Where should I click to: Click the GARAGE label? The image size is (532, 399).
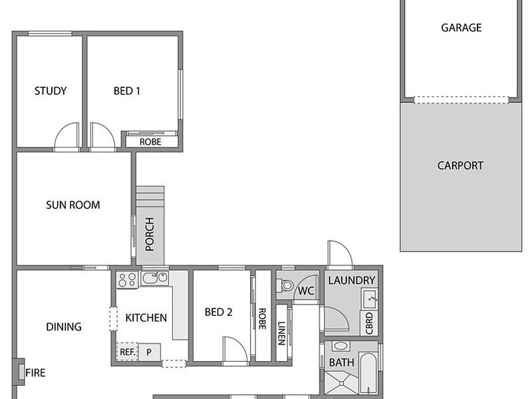(461, 27)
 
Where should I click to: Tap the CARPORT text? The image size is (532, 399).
(460, 166)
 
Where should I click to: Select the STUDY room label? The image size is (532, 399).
(51, 91)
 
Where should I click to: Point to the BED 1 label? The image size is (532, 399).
(126, 91)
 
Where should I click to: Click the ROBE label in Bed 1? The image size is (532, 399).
(150, 142)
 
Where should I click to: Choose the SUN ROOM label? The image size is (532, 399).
(73, 205)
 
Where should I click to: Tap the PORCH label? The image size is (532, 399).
(150, 234)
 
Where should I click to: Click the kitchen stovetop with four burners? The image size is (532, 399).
(127, 280)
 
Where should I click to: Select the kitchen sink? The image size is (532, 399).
(154, 277)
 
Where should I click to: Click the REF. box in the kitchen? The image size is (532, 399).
(127, 352)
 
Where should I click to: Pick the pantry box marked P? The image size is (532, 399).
(149, 352)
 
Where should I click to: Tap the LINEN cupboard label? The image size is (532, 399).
(281, 333)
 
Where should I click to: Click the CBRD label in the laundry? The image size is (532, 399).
(369, 323)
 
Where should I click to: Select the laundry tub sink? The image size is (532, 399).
(370, 299)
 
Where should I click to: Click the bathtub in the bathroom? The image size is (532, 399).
(368, 373)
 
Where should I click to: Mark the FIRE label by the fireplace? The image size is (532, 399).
(35, 373)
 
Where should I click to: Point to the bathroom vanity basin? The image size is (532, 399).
(340, 346)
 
